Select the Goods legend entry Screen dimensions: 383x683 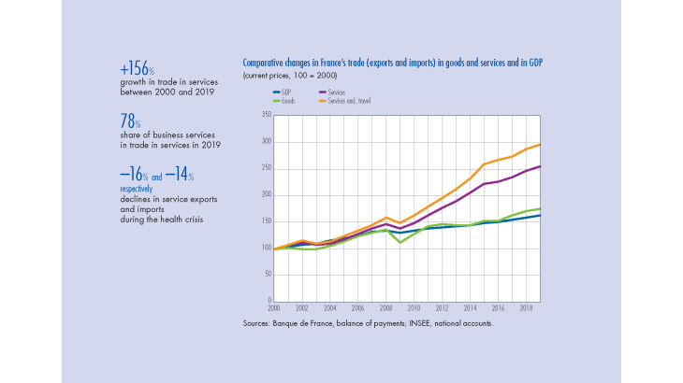pyautogui.click(x=286, y=98)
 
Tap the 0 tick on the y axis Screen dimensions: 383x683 pyautogui.click(x=269, y=302)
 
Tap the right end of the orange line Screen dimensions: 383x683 pyautogui.click(x=540, y=144)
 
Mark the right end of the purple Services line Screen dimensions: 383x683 pyautogui.click(x=540, y=166)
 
